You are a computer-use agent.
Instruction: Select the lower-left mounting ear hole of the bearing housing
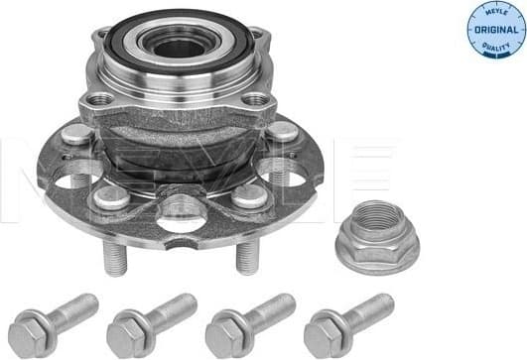(101, 100)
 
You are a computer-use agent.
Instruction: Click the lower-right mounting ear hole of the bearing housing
(256, 99)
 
